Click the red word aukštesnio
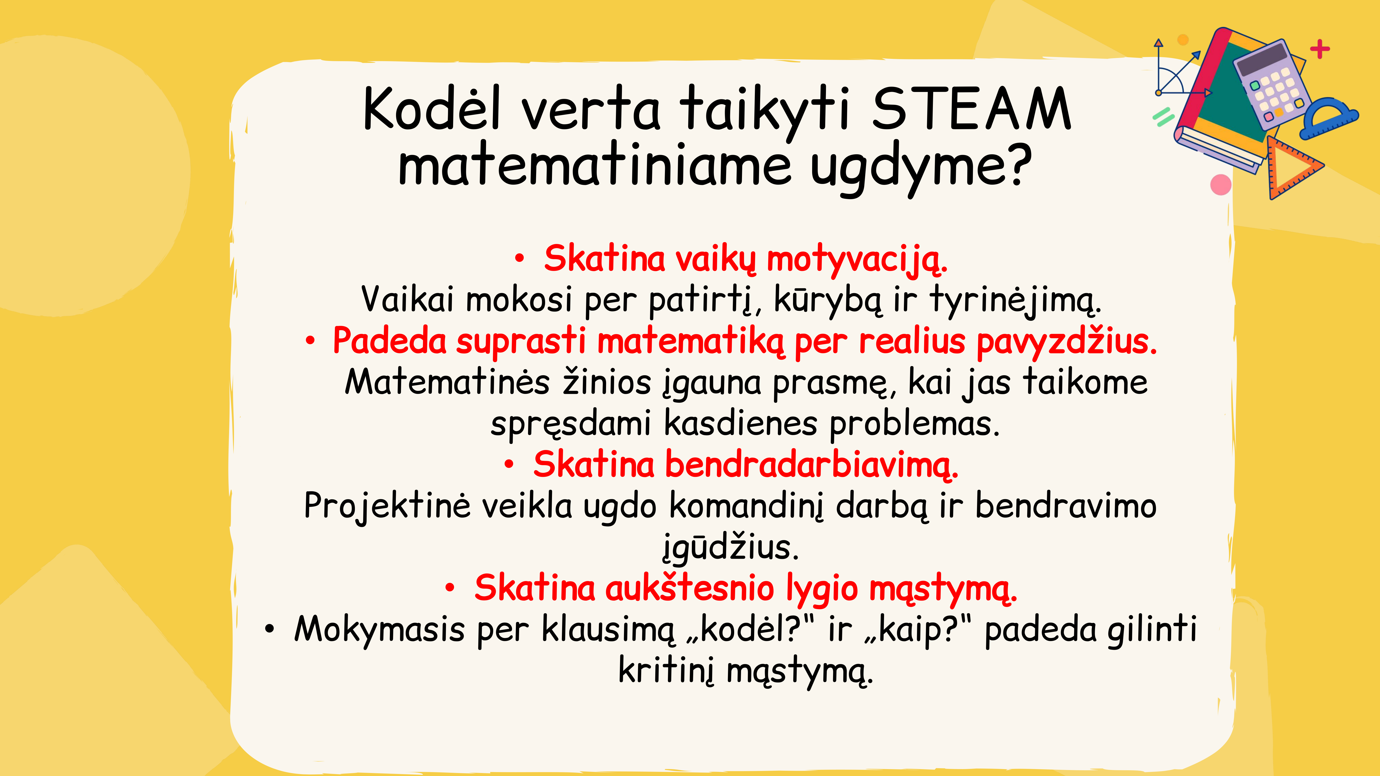690,588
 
